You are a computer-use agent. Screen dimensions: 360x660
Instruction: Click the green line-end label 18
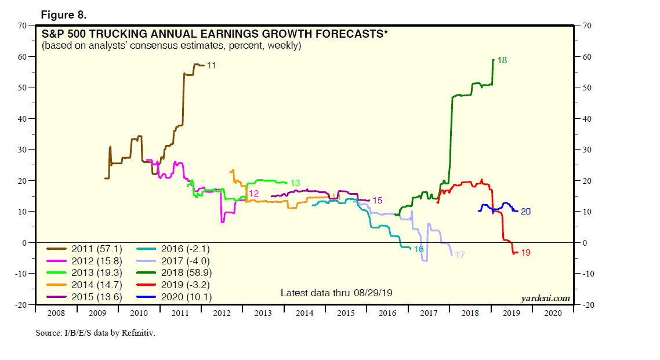pyautogui.click(x=502, y=60)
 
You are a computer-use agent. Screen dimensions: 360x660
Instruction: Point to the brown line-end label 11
pyautogui.click(x=212, y=66)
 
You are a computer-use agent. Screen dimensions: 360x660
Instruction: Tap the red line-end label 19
pyautogui.click(x=526, y=252)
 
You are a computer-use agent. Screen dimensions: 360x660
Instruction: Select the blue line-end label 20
pyautogui.click(x=526, y=211)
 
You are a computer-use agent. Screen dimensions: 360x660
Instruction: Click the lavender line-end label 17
pyautogui.click(x=459, y=254)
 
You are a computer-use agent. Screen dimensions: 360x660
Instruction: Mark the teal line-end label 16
pyautogui.click(x=419, y=249)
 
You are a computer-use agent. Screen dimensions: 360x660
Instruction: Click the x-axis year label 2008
pyautogui.click(x=56, y=313)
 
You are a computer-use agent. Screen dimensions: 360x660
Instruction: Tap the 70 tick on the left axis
pyautogui.click(x=23, y=26)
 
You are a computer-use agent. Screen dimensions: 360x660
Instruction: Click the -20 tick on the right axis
pyautogui.click(x=586, y=304)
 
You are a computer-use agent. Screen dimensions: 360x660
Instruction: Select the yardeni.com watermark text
pyautogui.click(x=545, y=298)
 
